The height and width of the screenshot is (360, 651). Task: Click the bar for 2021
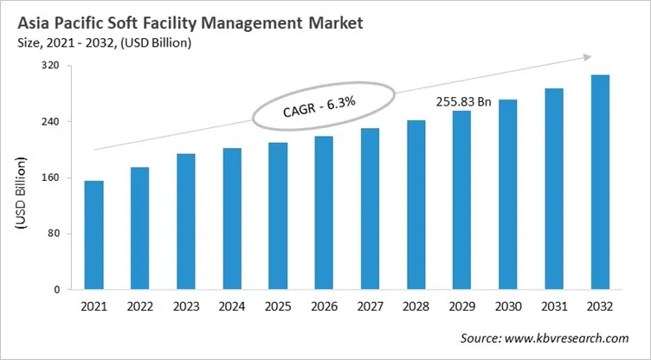click(x=93, y=235)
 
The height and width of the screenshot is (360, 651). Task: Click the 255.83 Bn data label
click(x=463, y=101)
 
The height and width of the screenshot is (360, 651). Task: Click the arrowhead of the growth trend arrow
click(x=586, y=57)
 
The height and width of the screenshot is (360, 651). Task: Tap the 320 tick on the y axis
click(x=53, y=66)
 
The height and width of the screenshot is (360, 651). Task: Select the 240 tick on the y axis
click(x=53, y=122)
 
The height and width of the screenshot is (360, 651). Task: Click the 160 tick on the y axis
click(x=53, y=178)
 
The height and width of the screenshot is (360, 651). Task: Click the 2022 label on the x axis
click(x=140, y=307)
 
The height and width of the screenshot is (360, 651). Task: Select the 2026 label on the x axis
click(x=324, y=307)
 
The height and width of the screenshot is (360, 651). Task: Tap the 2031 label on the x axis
click(x=554, y=307)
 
